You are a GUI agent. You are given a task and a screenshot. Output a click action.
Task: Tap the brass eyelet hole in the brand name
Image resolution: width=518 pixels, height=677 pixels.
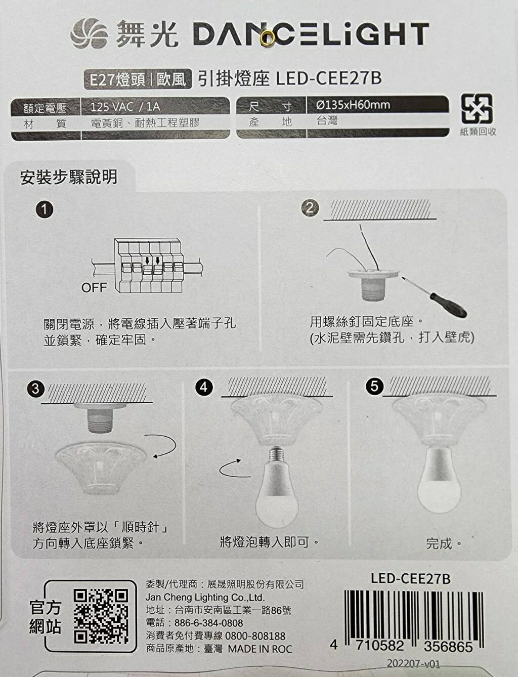point(267,36)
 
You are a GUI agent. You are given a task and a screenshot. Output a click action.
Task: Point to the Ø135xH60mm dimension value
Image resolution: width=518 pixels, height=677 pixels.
point(352,105)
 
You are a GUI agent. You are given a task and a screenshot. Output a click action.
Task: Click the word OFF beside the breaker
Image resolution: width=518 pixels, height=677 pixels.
point(94,288)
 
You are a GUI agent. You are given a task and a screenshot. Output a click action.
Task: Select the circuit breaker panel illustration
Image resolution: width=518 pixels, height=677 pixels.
point(148,265)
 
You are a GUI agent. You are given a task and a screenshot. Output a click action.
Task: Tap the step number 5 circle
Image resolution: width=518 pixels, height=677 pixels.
point(374,387)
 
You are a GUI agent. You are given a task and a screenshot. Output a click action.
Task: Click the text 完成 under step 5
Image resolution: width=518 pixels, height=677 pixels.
point(439,544)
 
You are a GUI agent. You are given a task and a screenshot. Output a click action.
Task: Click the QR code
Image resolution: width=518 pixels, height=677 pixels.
point(101,616)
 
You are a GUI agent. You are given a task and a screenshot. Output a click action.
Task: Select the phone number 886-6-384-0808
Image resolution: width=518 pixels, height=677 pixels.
point(208,623)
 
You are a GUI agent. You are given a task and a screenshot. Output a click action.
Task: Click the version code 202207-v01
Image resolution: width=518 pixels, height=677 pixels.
point(413,664)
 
